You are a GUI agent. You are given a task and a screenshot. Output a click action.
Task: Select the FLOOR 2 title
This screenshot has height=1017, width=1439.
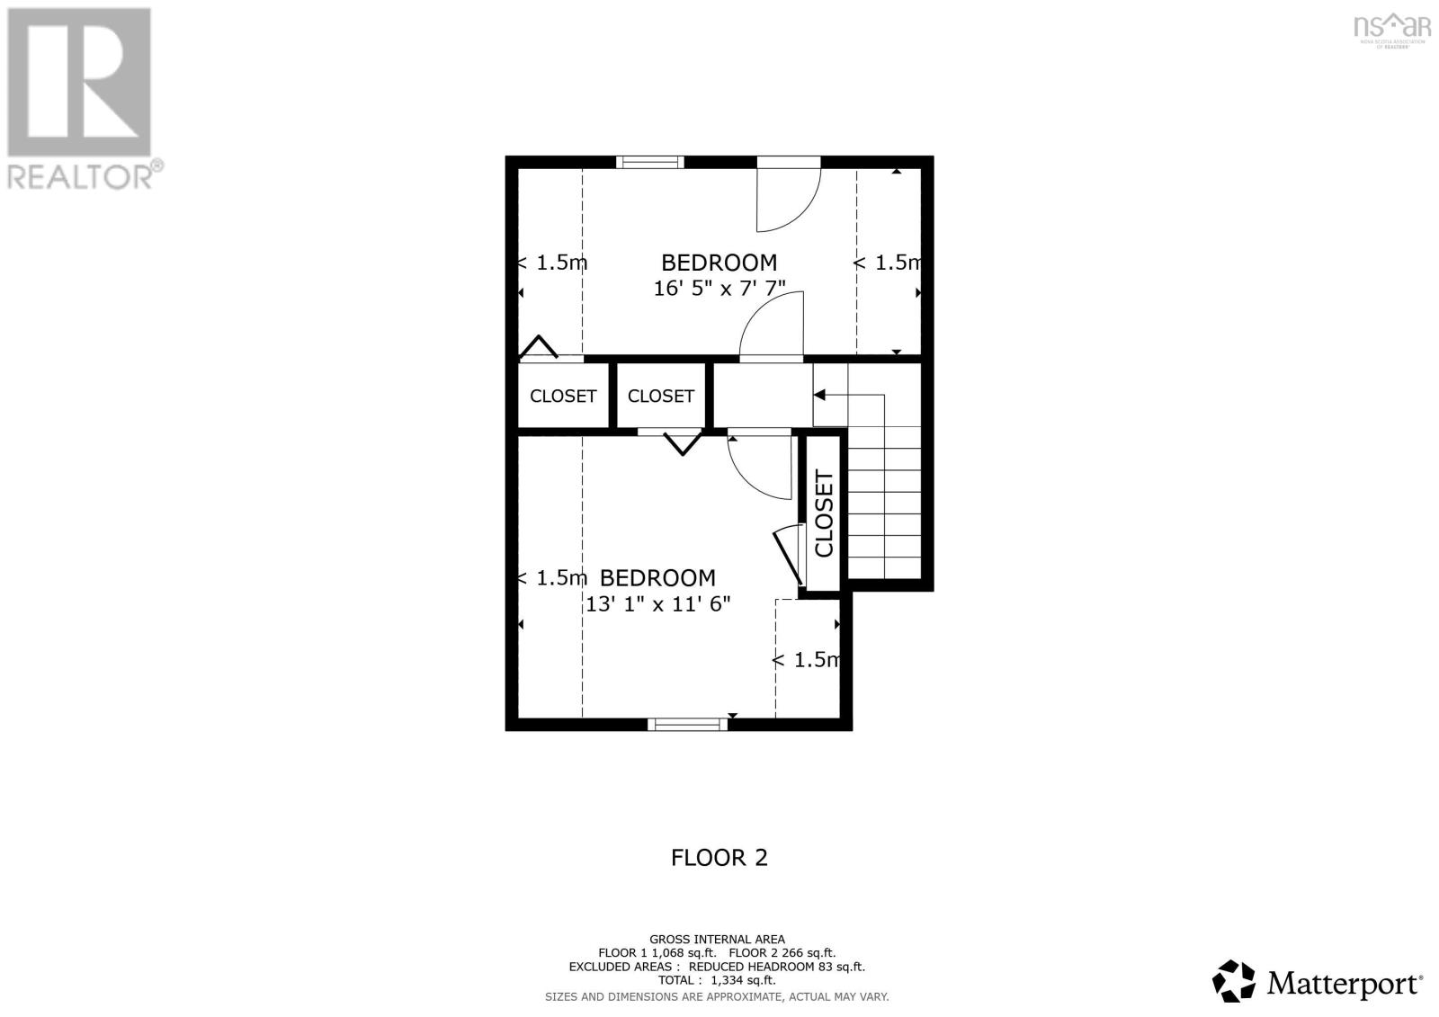pos(719,858)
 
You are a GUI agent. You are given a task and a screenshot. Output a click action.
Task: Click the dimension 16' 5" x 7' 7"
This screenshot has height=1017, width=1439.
pos(719,289)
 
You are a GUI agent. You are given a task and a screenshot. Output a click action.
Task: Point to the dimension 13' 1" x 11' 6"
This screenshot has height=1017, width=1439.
pos(657,604)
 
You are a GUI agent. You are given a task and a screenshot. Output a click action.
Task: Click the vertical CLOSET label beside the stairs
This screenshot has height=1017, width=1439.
pos(824,513)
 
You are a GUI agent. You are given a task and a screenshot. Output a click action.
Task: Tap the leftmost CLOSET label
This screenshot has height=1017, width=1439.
pos(563,397)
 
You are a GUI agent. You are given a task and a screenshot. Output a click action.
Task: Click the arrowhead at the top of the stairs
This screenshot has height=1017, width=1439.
pos(819,395)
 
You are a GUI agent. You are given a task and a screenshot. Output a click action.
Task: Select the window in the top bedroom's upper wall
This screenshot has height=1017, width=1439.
pos(650,162)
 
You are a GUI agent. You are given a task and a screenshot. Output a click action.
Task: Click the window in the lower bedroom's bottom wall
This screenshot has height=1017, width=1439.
pos(688,724)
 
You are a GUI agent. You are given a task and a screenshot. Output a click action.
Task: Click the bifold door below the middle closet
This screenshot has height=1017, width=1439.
pos(683,443)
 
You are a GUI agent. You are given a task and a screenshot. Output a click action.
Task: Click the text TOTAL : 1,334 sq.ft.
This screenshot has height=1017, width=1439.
pos(716,980)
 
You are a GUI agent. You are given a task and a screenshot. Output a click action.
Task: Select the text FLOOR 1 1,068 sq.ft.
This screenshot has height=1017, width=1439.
pos(657,952)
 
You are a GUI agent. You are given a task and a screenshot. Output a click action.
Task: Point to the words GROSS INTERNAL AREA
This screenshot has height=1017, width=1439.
pos(717,939)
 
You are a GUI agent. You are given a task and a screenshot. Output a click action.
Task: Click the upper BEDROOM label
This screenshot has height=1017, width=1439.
pos(719,263)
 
